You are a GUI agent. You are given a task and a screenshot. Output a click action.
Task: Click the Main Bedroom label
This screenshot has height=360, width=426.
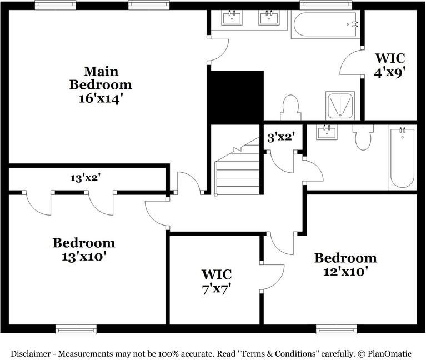[x=101, y=78]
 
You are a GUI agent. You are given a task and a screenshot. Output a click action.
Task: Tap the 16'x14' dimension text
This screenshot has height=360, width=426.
[x=101, y=98]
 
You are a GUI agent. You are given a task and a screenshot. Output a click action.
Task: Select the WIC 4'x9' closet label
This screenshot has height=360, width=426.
[x=390, y=65]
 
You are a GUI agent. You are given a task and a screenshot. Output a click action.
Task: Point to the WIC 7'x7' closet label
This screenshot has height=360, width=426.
[x=216, y=281]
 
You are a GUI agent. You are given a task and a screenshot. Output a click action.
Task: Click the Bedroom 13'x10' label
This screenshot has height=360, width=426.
[x=84, y=249]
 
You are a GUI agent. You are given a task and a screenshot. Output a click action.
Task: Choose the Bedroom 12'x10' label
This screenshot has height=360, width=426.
[x=345, y=264]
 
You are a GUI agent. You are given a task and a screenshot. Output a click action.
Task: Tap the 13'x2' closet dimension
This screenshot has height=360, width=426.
[x=85, y=178]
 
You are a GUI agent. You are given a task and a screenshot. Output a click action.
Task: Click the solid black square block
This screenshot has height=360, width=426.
[x=235, y=97]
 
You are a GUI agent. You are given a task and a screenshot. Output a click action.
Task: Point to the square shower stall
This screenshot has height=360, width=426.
[x=340, y=106]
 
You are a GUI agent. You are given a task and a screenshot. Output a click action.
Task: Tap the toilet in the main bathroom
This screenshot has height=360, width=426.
[x=290, y=107]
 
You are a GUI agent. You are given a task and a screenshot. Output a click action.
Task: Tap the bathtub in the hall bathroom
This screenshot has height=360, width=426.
[x=402, y=158]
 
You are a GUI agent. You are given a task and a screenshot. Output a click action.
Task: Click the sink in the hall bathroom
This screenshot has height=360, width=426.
[x=327, y=132]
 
